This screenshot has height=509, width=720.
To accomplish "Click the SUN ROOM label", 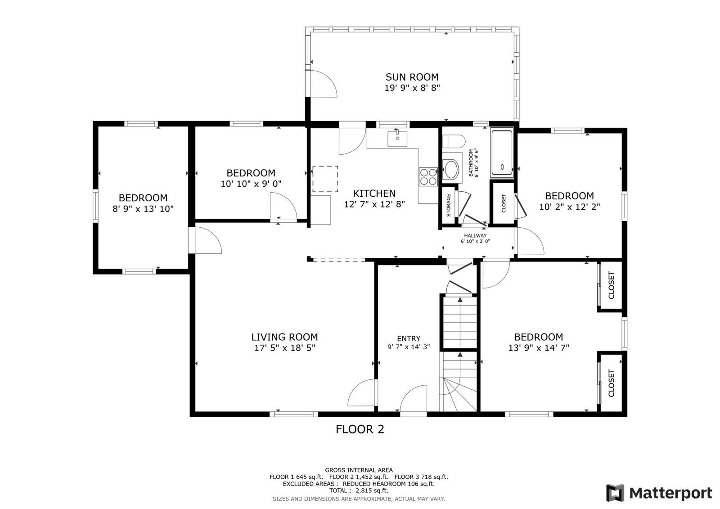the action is (x=412, y=77).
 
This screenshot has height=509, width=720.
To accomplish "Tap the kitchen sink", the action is (x=397, y=139).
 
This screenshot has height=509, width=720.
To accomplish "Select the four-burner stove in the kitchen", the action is (x=428, y=177).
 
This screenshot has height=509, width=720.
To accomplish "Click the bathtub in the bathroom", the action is (x=502, y=152).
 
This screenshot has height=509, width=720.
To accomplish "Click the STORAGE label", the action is (x=448, y=205).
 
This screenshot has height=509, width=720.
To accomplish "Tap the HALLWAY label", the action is (x=475, y=235).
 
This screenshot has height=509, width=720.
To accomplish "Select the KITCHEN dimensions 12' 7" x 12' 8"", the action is (x=374, y=204).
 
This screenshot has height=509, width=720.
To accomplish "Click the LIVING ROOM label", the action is (x=284, y=337).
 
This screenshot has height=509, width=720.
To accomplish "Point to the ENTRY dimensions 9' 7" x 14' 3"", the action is (x=409, y=347).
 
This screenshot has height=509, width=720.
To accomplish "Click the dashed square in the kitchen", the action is (x=325, y=179).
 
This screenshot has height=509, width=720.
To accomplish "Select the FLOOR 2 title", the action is (x=360, y=429).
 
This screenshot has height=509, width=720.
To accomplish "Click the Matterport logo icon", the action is (x=615, y=493).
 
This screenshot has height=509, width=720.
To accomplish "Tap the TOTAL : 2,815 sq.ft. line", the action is (x=359, y=491).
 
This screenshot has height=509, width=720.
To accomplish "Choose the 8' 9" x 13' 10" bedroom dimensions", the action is (x=143, y=209).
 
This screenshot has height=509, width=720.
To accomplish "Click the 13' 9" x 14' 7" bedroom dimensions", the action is (x=539, y=348).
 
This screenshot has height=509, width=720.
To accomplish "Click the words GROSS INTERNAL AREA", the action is (x=359, y=470).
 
